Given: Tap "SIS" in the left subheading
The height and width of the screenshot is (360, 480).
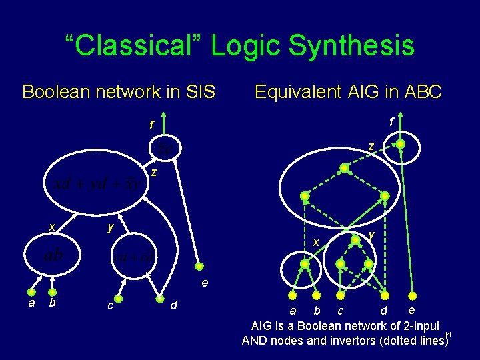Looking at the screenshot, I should [x=197, y=91].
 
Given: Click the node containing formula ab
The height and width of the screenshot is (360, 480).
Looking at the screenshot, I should [x=54, y=255].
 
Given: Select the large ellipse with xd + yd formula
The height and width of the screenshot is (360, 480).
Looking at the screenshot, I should [x=93, y=183].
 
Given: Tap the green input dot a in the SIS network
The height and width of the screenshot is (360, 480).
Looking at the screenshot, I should [x=31, y=291].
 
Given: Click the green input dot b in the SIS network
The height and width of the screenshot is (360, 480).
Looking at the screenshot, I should [x=52, y=291].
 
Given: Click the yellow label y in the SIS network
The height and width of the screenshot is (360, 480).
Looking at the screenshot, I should [x=111, y=227].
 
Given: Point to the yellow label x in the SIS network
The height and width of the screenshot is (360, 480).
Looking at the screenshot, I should [x=51, y=227].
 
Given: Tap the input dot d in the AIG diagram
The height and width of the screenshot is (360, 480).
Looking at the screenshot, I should [x=384, y=295].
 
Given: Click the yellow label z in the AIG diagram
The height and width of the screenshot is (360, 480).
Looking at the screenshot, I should [x=371, y=146].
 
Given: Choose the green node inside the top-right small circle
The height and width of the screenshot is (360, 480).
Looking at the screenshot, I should [x=400, y=143].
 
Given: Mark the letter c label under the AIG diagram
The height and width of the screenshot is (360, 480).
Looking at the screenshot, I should [x=340, y=311].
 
